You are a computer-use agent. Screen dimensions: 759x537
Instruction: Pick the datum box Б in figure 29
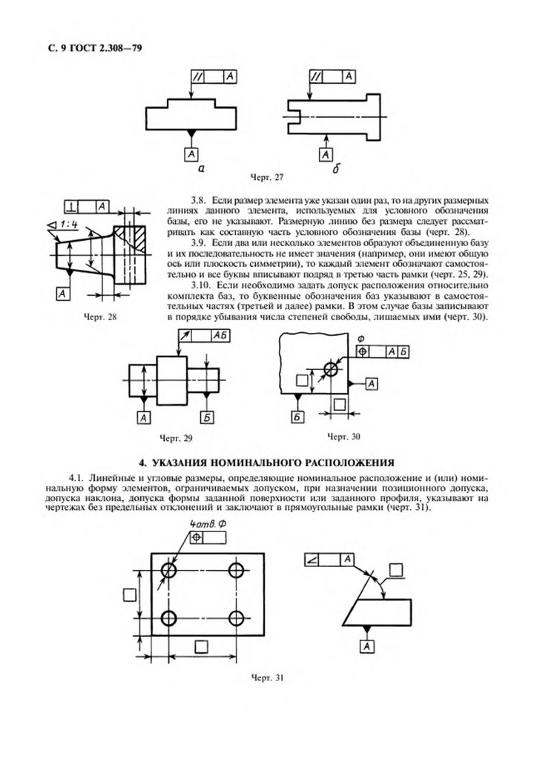(207, 419)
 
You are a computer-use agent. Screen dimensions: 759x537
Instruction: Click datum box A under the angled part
(366, 648)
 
